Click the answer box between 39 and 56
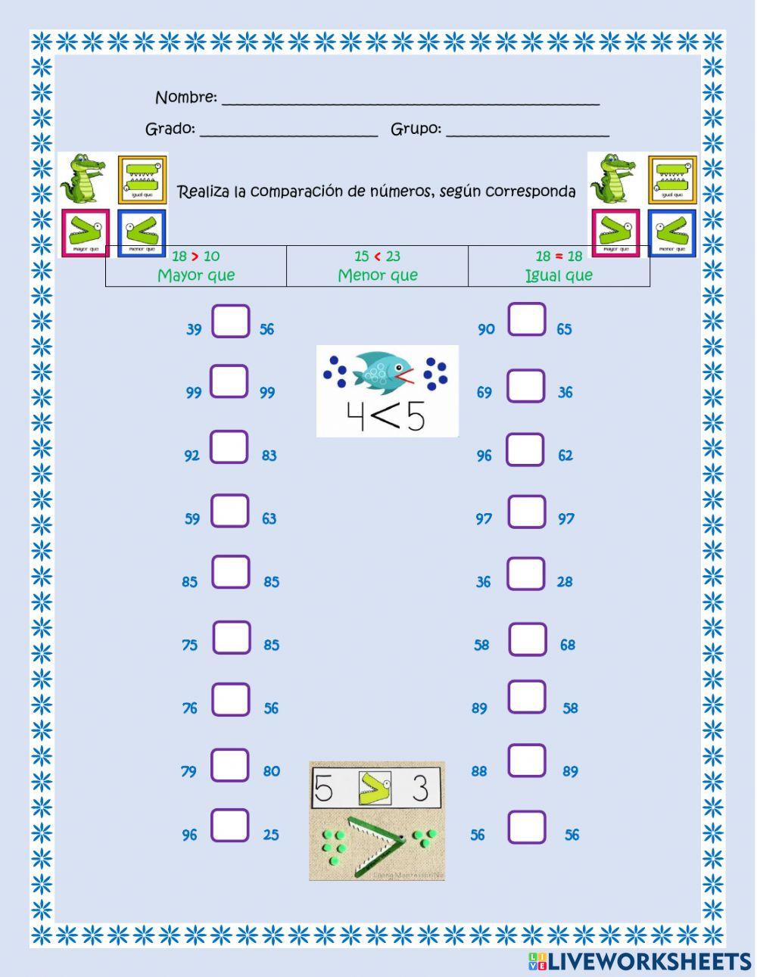(x=231, y=322)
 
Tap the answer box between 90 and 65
(x=527, y=319)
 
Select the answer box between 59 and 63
(x=230, y=511)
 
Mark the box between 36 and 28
(x=526, y=574)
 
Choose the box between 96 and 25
(x=230, y=826)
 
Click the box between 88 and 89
(x=527, y=761)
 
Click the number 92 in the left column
(x=192, y=456)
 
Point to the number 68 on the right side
(x=568, y=646)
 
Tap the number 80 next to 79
(x=272, y=771)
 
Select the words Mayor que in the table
(x=196, y=275)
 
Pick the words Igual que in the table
(x=559, y=275)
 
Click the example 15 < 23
(x=377, y=257)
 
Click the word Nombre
(x=185, y=98)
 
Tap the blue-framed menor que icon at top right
(x=671, y=233)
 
